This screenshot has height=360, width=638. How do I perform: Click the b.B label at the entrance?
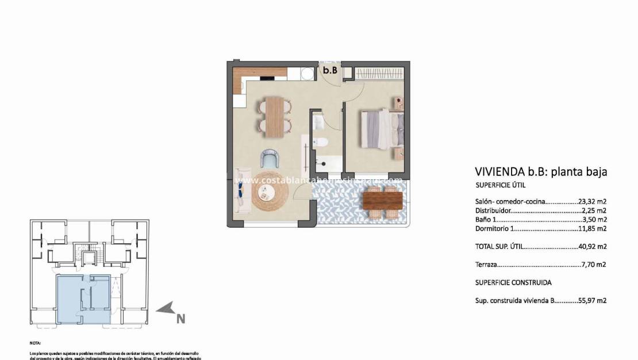pyautogui.click(x=329, y=71)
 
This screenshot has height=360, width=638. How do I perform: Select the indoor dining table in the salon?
pyautogui.click(x=278, y=117)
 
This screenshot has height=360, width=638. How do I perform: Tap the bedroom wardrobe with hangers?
pyautogui.click(x=378, y=73)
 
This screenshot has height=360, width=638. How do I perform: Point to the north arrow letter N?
pyautogui.click(x=180, y=317)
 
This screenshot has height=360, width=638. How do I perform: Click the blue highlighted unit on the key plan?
pyautogui.click(x=82, y=299)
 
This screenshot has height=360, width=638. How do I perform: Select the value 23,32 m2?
pyautogui.click(x=593, y=202)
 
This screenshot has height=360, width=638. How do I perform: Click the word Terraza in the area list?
pyautogui.click(x=486, y=265)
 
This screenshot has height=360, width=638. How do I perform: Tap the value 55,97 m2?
pyautogui.click(x=593, y=300)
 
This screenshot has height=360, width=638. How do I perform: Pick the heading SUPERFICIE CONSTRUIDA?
pyautogui.click(x=513, y=283)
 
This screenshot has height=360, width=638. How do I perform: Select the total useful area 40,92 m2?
pyautogui.click(x=593, y=246)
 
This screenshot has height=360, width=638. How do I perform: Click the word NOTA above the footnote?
pyautogui.click(x=35, y=342)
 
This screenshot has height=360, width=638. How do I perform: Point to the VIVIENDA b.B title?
pyautogui.click(x=541, y=171)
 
